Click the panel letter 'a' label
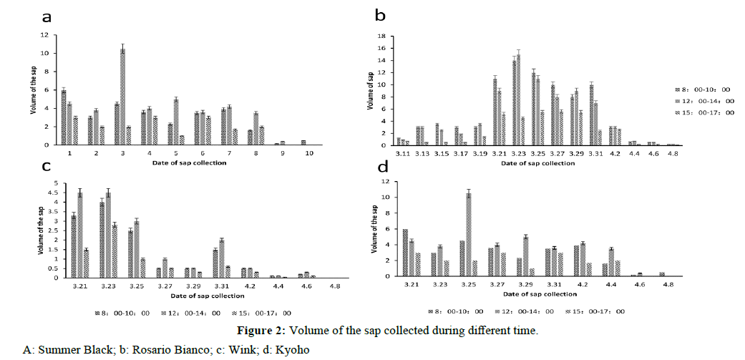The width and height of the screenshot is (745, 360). pyautogui.click(x=47, y=16)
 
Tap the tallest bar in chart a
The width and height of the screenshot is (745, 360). pyautogui.click(x=122, y=97)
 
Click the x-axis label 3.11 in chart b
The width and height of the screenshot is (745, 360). pyautogui.click(x=402, y=153)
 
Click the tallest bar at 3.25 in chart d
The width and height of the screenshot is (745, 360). pyautogui.click(x=469, y=235)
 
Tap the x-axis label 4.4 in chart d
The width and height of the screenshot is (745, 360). pyautogui.click(x=612, y=285)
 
